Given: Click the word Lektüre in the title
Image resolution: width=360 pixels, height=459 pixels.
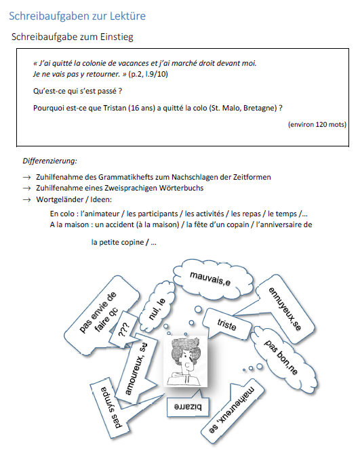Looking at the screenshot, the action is [127, 16].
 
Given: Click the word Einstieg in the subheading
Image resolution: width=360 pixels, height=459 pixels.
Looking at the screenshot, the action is [117, 37].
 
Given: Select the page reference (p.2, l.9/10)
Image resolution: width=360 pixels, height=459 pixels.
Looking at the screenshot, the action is [148, 74].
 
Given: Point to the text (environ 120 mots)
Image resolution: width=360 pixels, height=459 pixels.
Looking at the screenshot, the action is [317, 124].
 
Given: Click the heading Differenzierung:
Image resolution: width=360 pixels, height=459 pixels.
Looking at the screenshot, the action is [49, 161].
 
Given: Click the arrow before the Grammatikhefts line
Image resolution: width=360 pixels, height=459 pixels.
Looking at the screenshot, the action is [27, 178].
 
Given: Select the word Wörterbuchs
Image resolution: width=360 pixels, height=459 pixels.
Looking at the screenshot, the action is [181, 188].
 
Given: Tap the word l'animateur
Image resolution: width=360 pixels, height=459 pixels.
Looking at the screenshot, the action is [100, 214].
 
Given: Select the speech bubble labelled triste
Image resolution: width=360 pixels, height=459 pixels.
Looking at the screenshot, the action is [227, 324].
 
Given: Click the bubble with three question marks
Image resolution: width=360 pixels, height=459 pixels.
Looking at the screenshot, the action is [123, 330].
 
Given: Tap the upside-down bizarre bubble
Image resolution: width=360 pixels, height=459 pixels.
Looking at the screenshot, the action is [188, 407].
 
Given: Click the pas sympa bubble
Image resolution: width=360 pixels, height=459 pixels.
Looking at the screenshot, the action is [111, 407].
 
